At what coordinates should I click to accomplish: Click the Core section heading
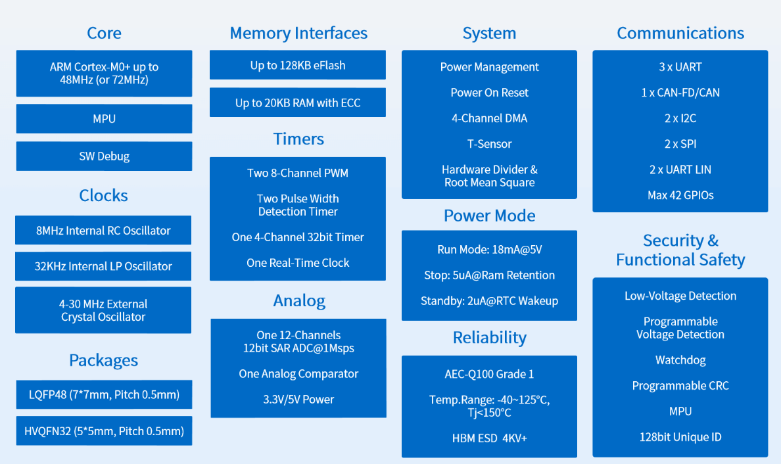[x=104, y=33]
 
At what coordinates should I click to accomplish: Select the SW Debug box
[x=104, y=156]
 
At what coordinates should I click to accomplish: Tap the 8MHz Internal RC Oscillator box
[x=103, y=230]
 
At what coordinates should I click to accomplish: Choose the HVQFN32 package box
[x=104, y=430]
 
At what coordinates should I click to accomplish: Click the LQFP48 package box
[x=104, y=394]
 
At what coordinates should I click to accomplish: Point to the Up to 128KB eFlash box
[x=298, y=64]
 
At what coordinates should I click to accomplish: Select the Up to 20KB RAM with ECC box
[x=298, y=103]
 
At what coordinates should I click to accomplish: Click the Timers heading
[x=298, y=139]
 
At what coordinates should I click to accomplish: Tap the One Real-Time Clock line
[x=298, y=263]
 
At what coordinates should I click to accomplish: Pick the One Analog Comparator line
[x=298, y=374]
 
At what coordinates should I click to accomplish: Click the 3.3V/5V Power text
[x=298, y=400]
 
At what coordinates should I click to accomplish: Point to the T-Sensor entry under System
[x=490, y=144]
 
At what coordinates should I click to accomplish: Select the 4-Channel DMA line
[x=490, y=118]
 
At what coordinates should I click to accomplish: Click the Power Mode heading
[x=490, y=216]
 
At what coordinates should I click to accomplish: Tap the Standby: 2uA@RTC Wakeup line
[x=490, y=301]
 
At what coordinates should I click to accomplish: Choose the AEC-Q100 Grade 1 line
[x=490, y=374]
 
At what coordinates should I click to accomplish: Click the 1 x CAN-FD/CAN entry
[x=680, y=93]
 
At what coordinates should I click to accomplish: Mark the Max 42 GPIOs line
[x=680, y=195]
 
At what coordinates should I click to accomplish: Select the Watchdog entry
[x=680, y=360]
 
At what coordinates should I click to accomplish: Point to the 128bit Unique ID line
[x=680, y=437]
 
